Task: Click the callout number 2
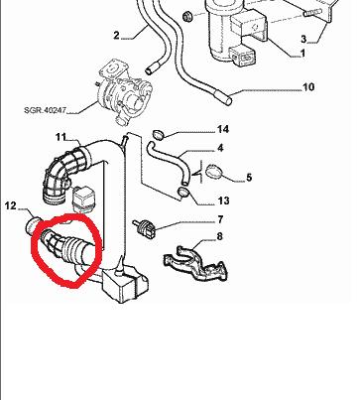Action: tap(116, 35)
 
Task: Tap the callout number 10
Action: tap(308, 87)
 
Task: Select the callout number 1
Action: tap(302, 53)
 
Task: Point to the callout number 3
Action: tap(303, 39)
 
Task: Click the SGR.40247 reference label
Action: tap(45, 109)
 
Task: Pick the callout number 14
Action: tap(222, 129)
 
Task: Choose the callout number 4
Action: tap(220, 148)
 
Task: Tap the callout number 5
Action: tap(249, 178)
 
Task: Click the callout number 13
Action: tap(223, 200)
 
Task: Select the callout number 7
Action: tap(220, 219)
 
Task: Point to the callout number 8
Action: tap(219, 236)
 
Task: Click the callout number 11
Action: tap(60, 137)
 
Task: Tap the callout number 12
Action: tap(11, 205)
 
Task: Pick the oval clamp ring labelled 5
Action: tap(213, 172)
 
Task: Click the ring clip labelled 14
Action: tap(159, 135)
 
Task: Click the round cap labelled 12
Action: tap(33, 225)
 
